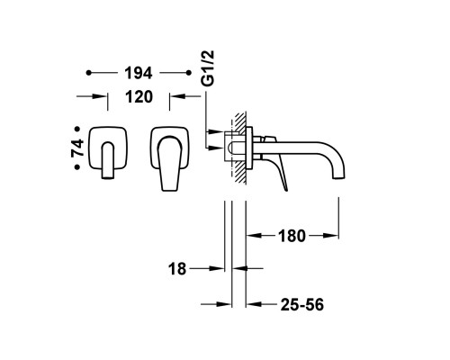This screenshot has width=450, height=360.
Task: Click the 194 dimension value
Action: [139, 73]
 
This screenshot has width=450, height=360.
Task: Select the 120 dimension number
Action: [139, 97]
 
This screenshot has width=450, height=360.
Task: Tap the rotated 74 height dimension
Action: [77, 148]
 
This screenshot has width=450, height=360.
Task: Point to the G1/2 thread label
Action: [209, 68]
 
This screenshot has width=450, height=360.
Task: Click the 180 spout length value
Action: [292, 236]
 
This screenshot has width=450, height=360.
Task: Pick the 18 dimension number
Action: [177, 269]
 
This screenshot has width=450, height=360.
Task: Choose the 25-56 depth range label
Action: [302, 305]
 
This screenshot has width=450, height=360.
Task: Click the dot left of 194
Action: [88, 73]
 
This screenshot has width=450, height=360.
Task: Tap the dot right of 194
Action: [189, 73]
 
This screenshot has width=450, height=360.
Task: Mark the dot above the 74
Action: [77, 129]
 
